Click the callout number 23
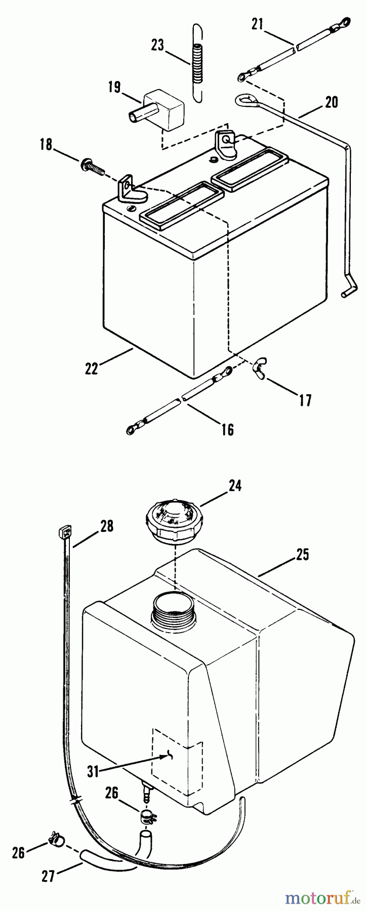tap(157, 45)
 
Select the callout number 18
tap(46, 145)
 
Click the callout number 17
tap(304, 400)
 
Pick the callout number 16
tap(228, 429)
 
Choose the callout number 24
tap(234, 486)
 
